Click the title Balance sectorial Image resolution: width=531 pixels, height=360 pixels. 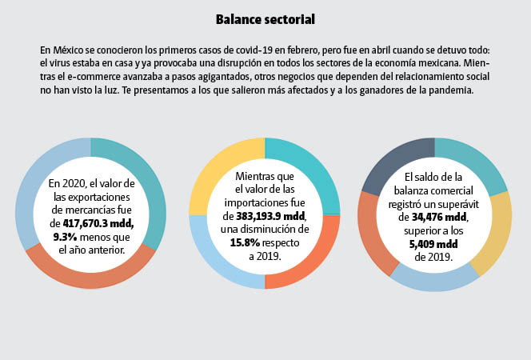pos(265,18)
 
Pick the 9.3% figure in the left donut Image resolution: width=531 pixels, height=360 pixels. pos(66,237)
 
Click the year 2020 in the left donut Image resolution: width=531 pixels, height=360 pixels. pos(91,183)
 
